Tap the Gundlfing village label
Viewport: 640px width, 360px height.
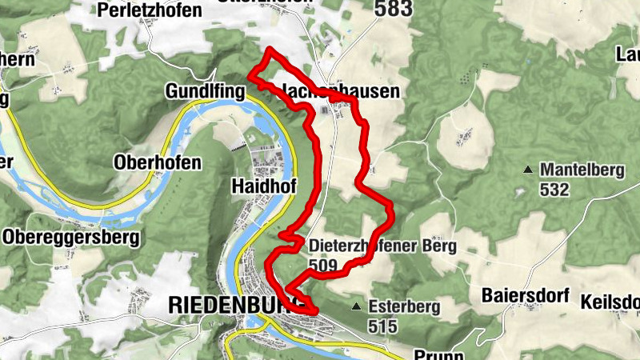click(204, 92)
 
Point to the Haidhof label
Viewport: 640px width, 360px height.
click(263, 186)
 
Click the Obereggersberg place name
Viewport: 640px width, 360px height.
click(70, 238)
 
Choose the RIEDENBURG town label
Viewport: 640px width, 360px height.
click(232, 305)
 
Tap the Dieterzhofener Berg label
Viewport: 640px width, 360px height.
click(382, 246)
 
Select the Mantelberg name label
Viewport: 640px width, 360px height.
click(578, 170)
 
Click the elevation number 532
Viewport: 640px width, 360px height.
click(554, 190)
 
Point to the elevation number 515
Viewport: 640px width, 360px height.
click(382, 326)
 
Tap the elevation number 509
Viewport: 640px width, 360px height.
click(322, 264)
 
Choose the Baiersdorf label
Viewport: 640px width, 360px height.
click(524, 295)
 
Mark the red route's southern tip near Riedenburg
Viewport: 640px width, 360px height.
click(314, 311)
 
